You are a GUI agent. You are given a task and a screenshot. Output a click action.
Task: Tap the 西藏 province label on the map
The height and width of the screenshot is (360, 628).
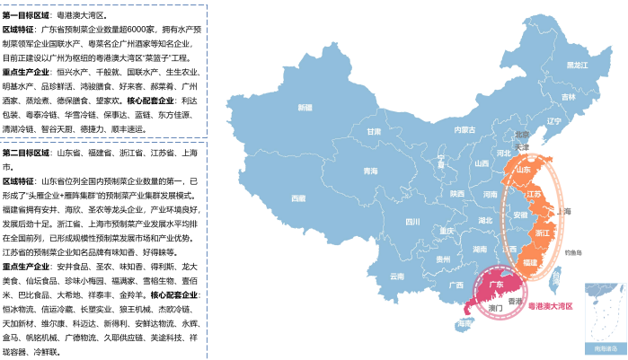click(299, 198)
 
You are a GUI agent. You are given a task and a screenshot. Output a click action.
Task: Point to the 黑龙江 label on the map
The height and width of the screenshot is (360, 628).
click(576, 65)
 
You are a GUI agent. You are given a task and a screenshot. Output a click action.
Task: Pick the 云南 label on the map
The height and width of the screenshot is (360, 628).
click(397, 277)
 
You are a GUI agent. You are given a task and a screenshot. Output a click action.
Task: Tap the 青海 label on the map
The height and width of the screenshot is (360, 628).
click(370, 171)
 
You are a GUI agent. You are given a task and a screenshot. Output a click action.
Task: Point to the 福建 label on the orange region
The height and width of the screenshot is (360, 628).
click(530, 261)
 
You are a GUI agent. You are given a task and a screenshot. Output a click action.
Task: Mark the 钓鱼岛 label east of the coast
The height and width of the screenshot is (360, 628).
click(574, 253)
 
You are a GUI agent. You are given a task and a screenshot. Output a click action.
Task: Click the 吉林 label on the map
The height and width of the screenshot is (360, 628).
click(568, 97)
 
